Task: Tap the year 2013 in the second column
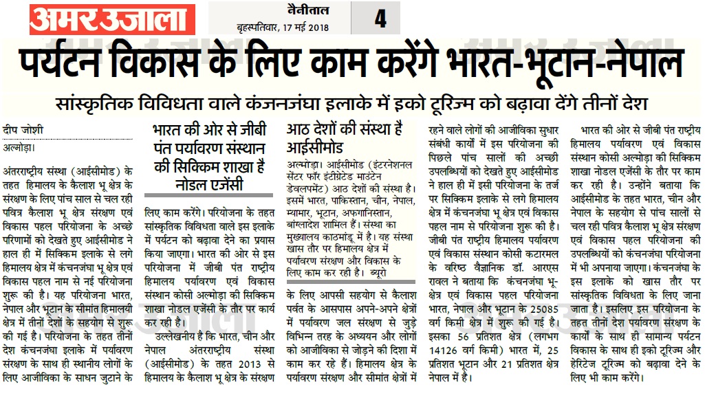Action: click(252, 364)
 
